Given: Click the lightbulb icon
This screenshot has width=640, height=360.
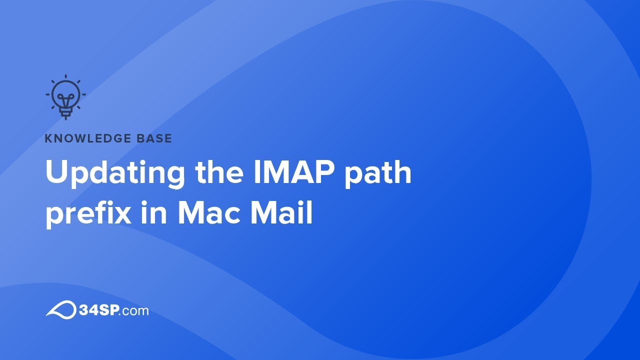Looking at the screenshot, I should tap(65, 97).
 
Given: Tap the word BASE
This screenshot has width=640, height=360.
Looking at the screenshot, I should tap(153, 138).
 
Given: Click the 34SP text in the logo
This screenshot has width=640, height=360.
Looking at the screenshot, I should tap(98, 310).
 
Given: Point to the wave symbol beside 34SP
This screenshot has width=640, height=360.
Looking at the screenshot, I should tap(60, 309).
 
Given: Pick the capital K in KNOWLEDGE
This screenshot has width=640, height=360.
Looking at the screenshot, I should tap(48, 138).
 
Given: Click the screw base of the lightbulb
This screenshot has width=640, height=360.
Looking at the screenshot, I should tap(65, 113).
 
